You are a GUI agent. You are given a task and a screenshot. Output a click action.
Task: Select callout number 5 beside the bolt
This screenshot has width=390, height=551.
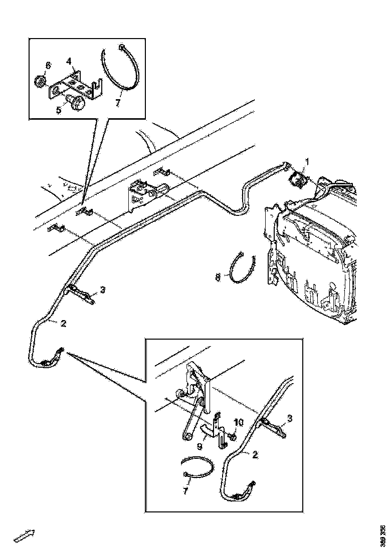[x=59, y=109]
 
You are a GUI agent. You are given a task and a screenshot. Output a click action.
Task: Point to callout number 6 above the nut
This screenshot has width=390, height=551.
[x=48, y=66]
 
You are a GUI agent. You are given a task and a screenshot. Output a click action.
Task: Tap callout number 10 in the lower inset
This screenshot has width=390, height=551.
[x=239, y=424]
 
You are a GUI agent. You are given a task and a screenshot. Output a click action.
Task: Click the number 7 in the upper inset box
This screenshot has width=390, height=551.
[x=118, y=103]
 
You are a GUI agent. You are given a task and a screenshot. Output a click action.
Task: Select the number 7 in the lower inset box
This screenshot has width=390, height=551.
[x=185, y=491]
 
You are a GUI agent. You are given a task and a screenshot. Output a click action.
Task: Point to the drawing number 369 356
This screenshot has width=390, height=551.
[x=383, y=535]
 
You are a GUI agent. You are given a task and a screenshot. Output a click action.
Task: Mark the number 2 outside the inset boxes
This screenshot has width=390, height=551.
[x=63, y=324]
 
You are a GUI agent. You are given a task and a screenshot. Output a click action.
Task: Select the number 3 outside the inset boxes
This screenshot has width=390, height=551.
[x=102, y=290]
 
